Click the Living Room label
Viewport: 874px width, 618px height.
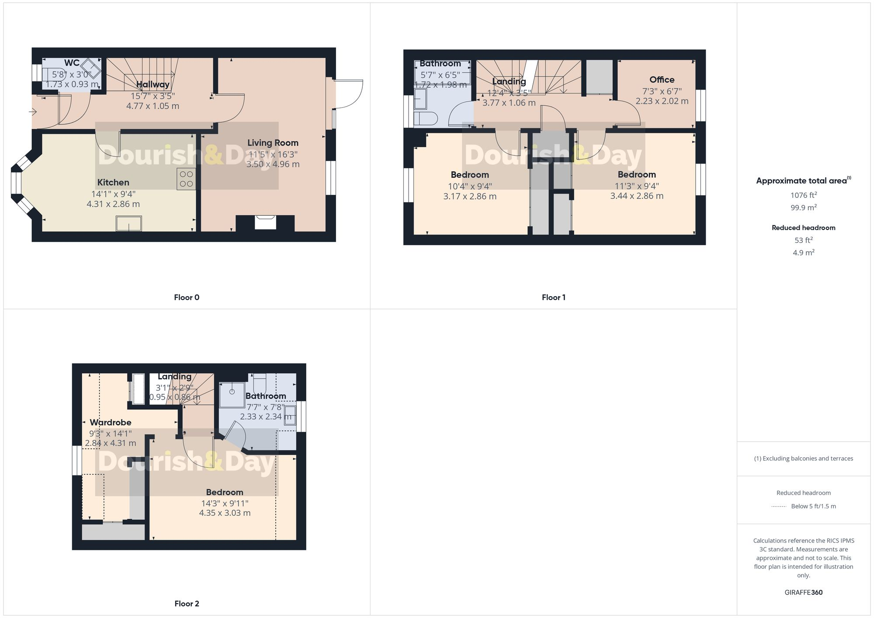pos(273,143)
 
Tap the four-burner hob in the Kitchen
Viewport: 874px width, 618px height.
pos(186,179)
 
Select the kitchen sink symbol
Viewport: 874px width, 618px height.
pos(128,223)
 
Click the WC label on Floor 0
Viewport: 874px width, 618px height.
pos(72,63)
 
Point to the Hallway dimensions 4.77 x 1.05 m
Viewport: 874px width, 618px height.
pos(153,106)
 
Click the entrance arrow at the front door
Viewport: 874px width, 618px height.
pos(33,112)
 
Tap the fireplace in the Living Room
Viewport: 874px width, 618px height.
pos(265,222)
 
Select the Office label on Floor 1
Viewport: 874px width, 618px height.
pos(662,79)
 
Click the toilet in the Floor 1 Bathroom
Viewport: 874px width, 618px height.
pos(426,118)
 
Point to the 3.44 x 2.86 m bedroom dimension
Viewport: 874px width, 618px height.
pos(636,196)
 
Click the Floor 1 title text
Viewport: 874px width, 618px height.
pos(553,297)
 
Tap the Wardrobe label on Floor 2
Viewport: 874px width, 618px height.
pos(110,422)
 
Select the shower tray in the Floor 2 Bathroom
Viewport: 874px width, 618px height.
pos(232,394)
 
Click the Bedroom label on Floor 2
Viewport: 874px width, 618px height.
pos(225,492)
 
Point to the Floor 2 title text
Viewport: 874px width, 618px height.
pos(187,604)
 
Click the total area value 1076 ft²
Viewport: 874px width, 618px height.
pos(803,195)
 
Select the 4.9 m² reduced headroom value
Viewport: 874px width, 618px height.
pos(803,252)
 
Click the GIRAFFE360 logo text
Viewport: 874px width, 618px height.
pos(803,592)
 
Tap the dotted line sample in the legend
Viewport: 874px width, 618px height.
pos(779,507)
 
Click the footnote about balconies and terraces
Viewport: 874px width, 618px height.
pos(803,459)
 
